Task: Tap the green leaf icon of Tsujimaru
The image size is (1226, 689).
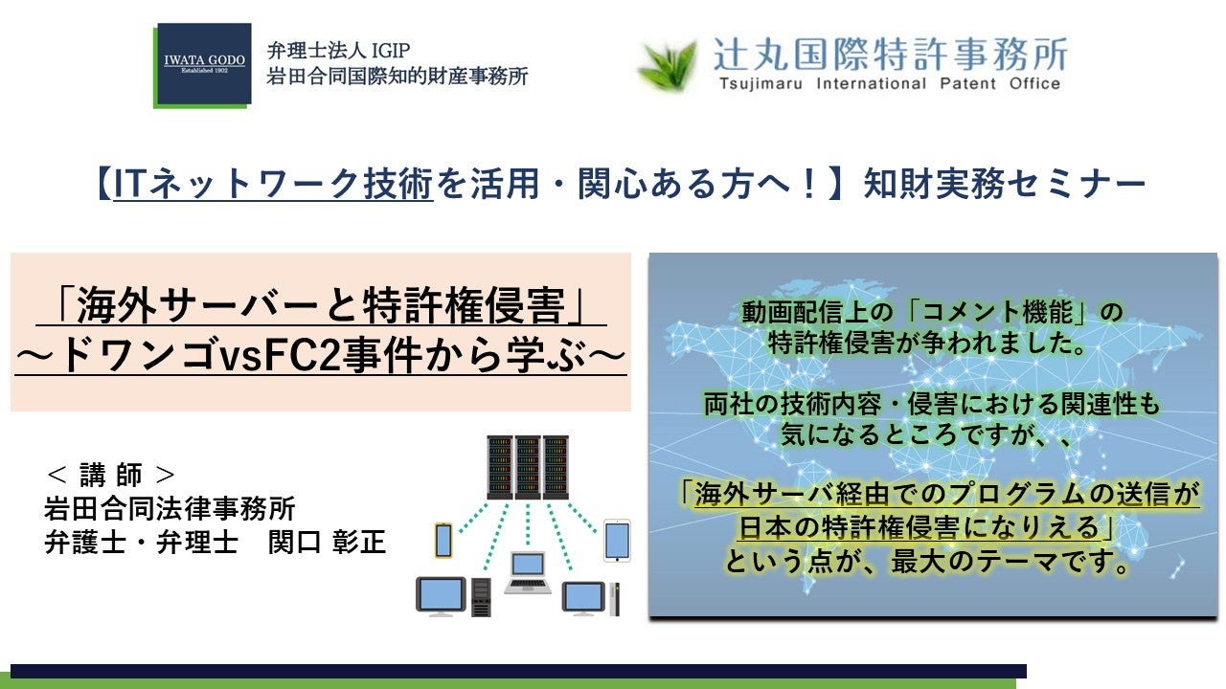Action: click(669, 64)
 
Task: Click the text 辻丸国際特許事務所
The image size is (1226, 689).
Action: click(891, 55)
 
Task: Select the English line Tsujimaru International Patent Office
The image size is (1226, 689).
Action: click(890, 83)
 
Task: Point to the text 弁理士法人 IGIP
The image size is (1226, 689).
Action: click(338, 51)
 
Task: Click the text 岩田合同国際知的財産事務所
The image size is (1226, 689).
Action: click(397, 76)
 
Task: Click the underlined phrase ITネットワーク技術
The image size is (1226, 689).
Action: click(273, 184)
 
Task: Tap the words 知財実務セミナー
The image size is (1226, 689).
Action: click(1005, 184)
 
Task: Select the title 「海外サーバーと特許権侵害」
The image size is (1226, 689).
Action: click(321, 305)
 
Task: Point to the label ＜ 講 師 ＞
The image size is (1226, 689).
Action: click(111, 474)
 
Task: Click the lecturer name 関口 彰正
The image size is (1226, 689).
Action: click(327, 542)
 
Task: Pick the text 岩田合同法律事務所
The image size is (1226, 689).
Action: click(170, 508)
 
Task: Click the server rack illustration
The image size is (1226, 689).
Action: click(528, 468)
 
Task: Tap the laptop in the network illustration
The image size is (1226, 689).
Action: click(528, 572)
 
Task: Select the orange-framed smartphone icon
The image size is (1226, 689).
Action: click(443, 541)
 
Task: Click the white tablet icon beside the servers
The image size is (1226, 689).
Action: click(617, 541)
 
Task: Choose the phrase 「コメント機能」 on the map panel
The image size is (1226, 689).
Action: click(994, 312)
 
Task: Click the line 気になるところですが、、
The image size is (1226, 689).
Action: click(925, 434)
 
